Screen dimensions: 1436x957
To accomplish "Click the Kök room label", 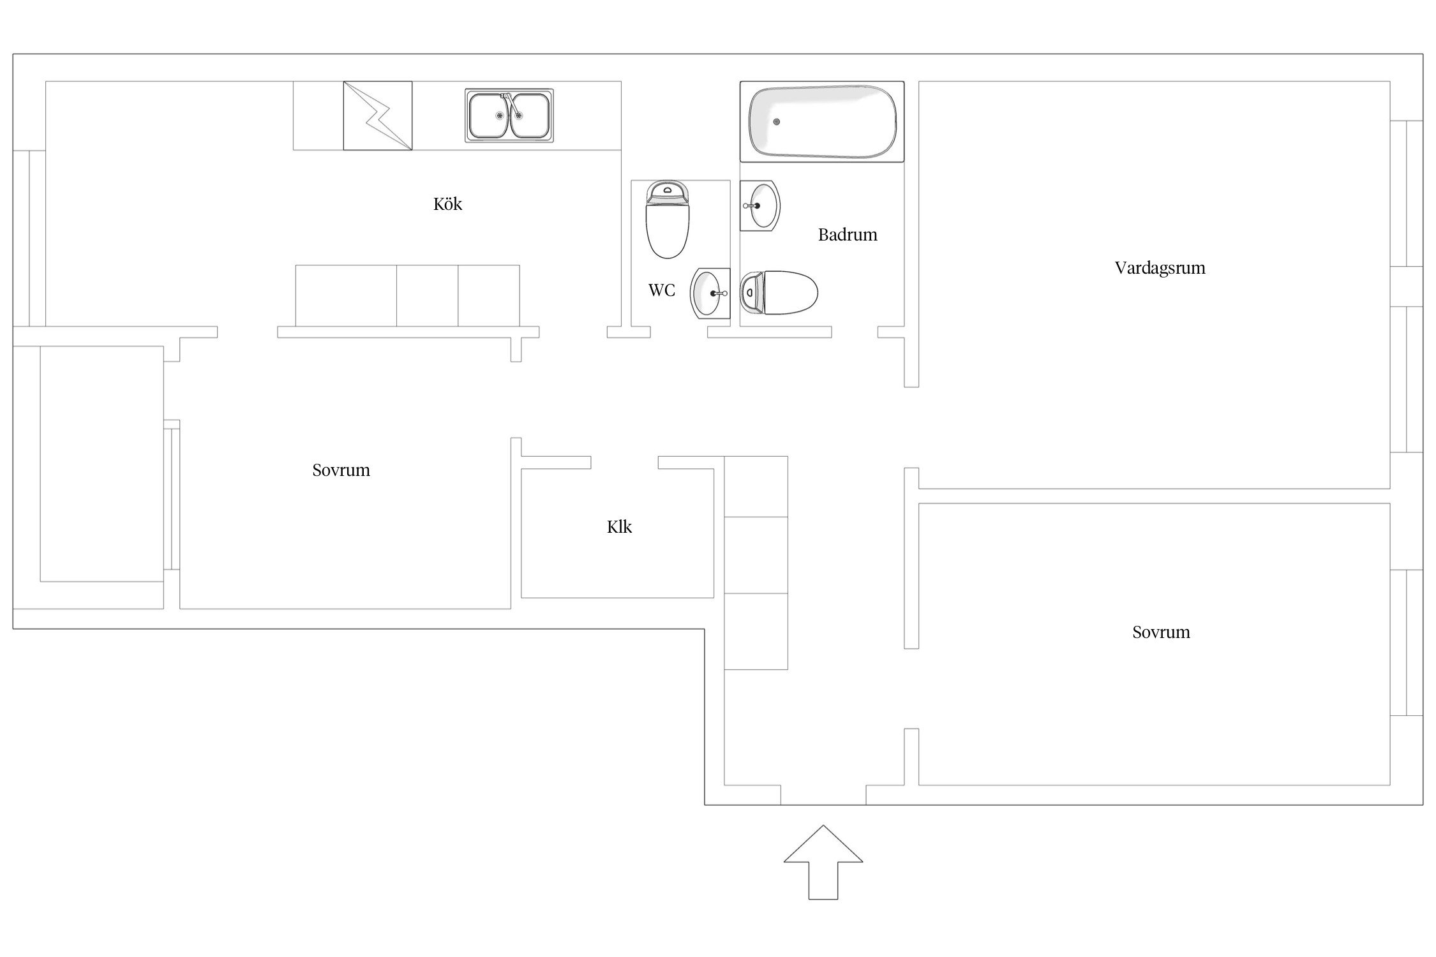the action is (447, 204).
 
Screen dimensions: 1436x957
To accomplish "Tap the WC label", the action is (662, 290).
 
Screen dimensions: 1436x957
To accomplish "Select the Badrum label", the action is (848, 235).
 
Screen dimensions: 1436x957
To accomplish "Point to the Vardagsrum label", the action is (1160, 268).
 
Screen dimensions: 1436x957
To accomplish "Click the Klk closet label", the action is (619, 527).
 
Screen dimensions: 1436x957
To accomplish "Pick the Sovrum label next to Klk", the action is (341, 470).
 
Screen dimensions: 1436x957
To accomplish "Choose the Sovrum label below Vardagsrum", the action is (1161, 632).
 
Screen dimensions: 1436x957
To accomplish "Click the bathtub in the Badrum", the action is (822, 121).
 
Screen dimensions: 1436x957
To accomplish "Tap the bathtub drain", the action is (777, 122).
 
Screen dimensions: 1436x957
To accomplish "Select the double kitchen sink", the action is (509, 115).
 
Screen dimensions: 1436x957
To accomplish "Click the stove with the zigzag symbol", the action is (378, 115).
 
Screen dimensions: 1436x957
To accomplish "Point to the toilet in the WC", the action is (668, 219).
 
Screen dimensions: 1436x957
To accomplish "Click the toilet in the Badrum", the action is (779, 293).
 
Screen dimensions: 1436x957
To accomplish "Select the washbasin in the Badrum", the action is (760, 205).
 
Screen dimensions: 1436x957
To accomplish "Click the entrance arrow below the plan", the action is (823, 862).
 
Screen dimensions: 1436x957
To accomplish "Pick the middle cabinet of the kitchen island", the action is (428, 296).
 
